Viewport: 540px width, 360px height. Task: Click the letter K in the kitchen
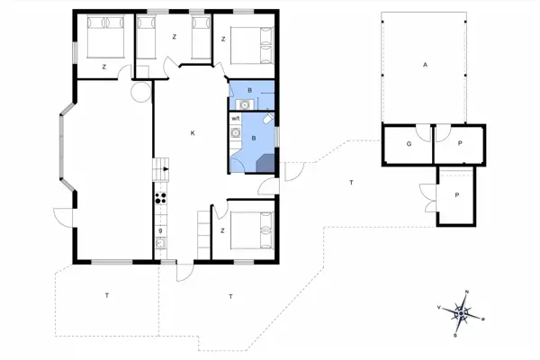point(193,133)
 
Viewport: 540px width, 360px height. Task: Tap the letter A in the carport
point(423,65)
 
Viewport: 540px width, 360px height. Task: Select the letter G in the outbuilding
point(408,143)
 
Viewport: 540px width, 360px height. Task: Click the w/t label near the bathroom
point(236,118)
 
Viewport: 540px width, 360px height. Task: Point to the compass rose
point(463,313)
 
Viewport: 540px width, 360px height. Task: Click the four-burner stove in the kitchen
point(161,200)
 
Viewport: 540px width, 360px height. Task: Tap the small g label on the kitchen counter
point(160,231)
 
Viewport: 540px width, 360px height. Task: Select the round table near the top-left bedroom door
point(139,91)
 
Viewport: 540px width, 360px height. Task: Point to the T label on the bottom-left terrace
point(106,295)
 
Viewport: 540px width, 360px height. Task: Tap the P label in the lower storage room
point(457,195)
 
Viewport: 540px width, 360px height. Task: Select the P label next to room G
point(460,143)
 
